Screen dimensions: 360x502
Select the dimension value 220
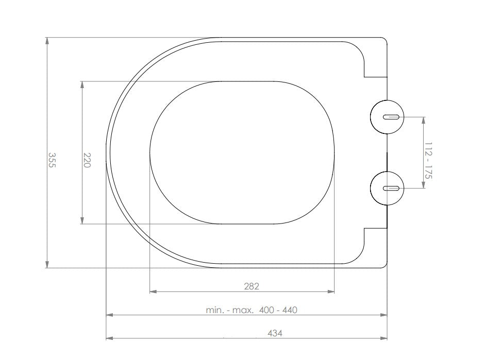pos(87,160)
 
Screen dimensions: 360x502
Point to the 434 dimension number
pos(275,333)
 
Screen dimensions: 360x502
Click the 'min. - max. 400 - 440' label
pos(252,310)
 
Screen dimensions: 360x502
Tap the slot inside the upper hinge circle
pos(391,117)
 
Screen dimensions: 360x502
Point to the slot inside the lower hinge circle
pos(391,188)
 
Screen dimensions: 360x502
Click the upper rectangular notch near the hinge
pos(375,64)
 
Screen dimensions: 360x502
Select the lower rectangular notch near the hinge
pos(375,241)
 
